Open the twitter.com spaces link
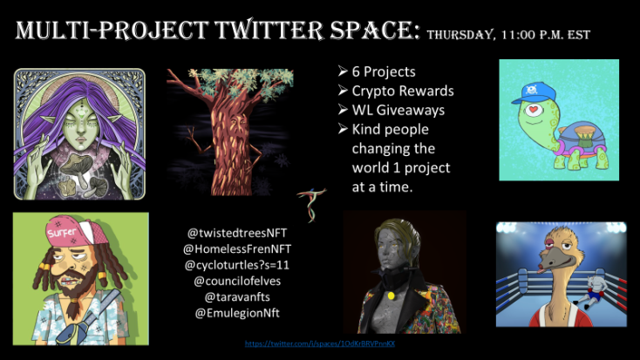320,344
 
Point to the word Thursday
461,35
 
